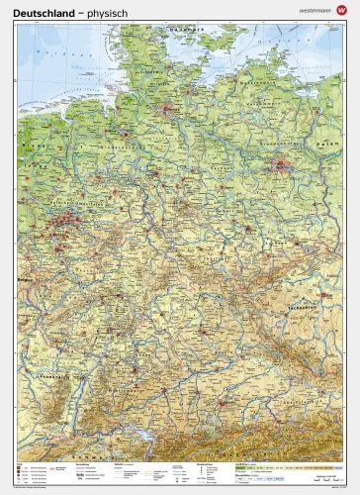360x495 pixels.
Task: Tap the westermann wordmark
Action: [310, 10]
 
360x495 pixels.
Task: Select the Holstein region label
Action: [168, 79]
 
